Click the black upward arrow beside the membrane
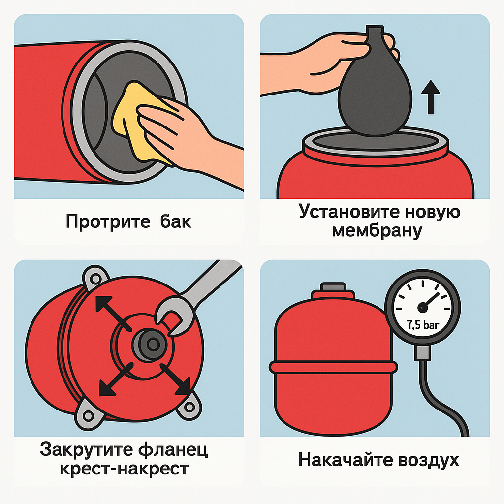click(x=430, y=97)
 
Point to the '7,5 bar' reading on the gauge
click(x=423, y=325)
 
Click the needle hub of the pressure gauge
click(x=422, y=308)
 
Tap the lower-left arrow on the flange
click(x=116, y=379)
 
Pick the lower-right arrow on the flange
click(x=176, y=379)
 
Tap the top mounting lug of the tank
click(x=96, y=278)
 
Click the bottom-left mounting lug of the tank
click(x=88, y=415)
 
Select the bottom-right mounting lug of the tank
click(x=189, y=407)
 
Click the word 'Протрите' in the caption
click(x=108, y=222)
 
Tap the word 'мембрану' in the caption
click(x=377, y=231)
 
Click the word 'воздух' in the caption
click(x=429, y=460)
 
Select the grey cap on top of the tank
click(x=333, y=287)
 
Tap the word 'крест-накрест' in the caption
click(x=124, y=469)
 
